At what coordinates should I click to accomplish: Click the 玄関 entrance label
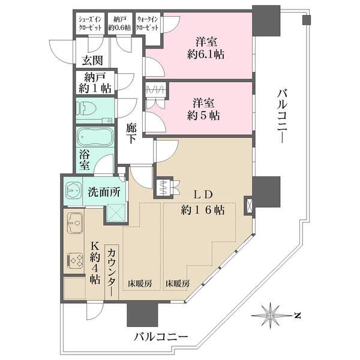coord(91,60)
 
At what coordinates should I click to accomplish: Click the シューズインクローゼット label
coord(91,23)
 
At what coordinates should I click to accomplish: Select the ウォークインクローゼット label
coord(148,23)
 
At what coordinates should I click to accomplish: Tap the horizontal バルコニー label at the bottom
coord(161,336)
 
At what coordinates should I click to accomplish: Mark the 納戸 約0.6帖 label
coord(120,23)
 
